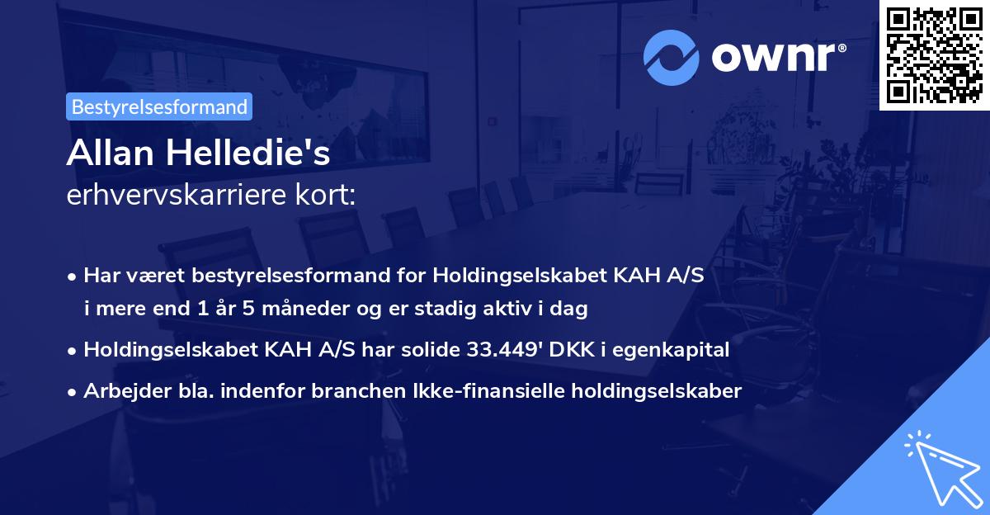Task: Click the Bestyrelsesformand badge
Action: coord(159,106)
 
